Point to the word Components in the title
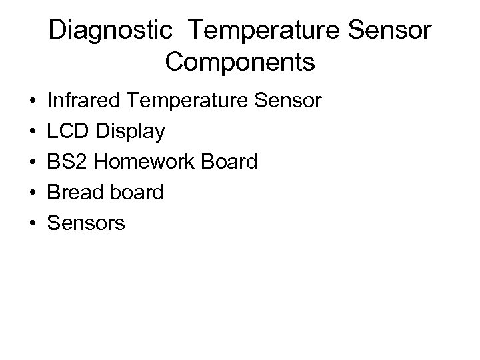coord(240,62)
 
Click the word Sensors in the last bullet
coord(86,223)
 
